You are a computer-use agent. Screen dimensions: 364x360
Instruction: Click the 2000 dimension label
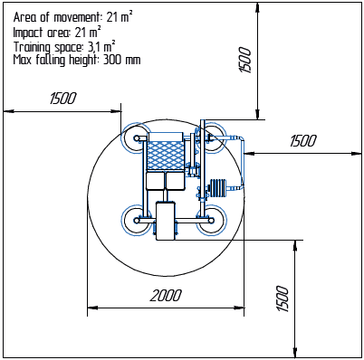(166, 296)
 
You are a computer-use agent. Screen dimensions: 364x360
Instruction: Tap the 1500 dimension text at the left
(63, 99)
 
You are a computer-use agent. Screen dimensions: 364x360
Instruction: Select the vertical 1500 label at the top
(245, 60)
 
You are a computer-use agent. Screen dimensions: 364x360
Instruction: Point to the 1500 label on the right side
(303, 141)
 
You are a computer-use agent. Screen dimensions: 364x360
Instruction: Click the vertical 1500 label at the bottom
(283, 298)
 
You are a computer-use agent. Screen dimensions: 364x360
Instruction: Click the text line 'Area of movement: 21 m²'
(72, 17)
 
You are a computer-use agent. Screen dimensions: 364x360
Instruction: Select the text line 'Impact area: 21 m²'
(57, 32)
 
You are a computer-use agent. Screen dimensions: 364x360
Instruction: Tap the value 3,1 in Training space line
(94, 47)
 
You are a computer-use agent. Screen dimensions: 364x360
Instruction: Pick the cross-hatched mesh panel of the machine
(165, 156)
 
